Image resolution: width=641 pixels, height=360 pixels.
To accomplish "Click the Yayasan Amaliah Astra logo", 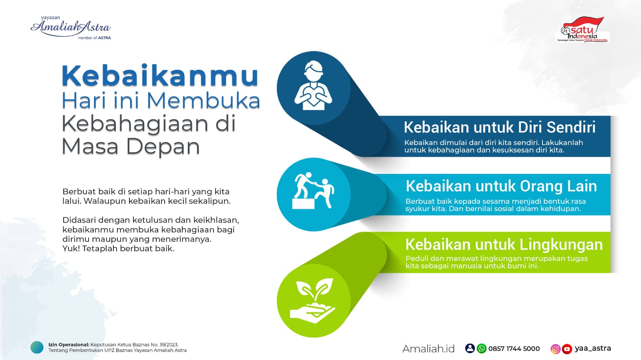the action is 71,28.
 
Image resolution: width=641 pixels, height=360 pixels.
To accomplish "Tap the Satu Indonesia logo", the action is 582,30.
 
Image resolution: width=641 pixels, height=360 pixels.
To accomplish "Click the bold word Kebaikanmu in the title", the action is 160,76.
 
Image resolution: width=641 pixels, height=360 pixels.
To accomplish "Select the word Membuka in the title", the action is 204,101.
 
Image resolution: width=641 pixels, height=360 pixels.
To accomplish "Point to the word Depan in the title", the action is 163,147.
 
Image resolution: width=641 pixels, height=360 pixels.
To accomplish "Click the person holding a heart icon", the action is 313,85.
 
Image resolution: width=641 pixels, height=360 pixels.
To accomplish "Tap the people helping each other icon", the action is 313,191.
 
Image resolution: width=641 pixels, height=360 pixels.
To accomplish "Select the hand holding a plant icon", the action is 312,300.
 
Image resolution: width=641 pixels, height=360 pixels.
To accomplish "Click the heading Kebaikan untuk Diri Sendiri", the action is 500,127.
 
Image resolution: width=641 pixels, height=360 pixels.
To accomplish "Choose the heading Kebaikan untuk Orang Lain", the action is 501,186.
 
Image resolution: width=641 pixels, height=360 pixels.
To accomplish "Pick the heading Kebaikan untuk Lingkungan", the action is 504,245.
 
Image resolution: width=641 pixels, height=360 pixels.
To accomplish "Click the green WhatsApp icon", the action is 482,348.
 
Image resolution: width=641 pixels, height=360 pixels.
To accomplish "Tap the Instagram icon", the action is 555,349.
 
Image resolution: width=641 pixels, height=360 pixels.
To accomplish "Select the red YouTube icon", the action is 567,349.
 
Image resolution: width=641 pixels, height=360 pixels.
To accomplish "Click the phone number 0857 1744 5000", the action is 514,348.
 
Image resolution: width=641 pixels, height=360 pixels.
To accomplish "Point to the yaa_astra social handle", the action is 593,348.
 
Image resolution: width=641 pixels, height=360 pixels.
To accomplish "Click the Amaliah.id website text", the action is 428,348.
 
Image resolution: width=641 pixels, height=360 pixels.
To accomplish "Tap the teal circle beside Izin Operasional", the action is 37,348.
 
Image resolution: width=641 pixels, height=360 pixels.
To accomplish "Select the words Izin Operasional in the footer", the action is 69,344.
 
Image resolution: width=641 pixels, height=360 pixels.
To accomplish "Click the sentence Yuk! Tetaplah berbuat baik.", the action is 118,249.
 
